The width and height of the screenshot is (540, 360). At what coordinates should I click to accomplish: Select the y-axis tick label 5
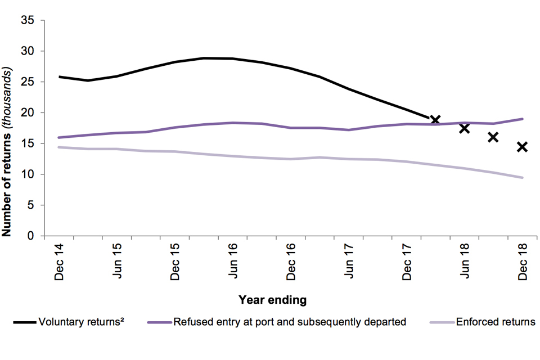point(32,205)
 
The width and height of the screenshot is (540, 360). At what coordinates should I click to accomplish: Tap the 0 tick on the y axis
point(32,236)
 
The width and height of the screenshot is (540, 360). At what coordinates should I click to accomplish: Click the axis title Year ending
point(273,300)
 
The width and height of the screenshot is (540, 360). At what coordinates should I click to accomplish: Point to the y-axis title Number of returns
point(8,152)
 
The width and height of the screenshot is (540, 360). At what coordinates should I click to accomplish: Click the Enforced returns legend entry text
point(496,322)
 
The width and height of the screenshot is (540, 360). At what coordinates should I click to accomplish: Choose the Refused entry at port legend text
point(290,322)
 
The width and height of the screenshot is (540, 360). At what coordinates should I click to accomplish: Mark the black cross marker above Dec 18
point(522,147)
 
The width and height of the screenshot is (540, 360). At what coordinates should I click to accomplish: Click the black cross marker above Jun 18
point(464,128)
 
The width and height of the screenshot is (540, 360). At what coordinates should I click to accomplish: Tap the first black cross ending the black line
point(435,120)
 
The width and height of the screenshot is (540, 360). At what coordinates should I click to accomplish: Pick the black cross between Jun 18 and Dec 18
point(493,137)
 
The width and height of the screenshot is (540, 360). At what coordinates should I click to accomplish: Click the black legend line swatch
point(25,323)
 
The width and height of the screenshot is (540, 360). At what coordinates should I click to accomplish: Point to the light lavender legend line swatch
point(441,323)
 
